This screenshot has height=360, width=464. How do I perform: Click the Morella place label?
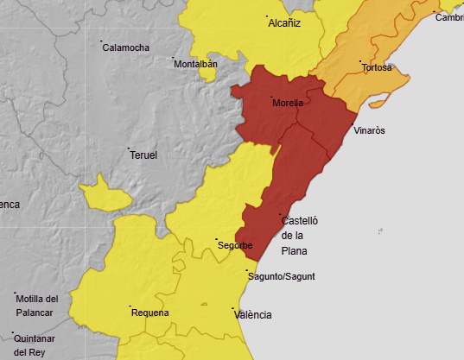[x=288, y=103]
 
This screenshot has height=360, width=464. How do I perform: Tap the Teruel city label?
[x=143, y=155]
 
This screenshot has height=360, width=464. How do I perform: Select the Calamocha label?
[x=125, y=47]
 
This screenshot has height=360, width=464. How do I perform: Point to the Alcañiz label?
[x=284, y=23]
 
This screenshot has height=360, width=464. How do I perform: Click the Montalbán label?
[x=195, y=64]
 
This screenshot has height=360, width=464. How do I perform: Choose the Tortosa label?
[x=378, y=67]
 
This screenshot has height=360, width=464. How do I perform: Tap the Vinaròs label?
[x=370, y=130]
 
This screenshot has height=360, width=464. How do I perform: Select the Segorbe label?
[x=235, y=246]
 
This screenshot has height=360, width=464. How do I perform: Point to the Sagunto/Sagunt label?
[x=282, y=276]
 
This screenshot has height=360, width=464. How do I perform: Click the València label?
[x=253, y=314]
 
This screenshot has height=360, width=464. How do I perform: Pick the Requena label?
[x=149, y=313]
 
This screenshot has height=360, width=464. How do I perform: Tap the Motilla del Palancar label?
[x=36, y=305]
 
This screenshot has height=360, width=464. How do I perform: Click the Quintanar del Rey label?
[x=35, y=344]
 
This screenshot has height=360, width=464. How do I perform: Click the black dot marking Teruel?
[x=129, y=149]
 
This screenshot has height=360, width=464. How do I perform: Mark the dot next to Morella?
[x=271, y=97]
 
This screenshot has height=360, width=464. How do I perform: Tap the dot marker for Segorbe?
[x=216, y=239]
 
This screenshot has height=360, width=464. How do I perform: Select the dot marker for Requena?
[x=130, y=306]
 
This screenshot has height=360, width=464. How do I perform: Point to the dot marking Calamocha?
[x=101, y=41]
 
